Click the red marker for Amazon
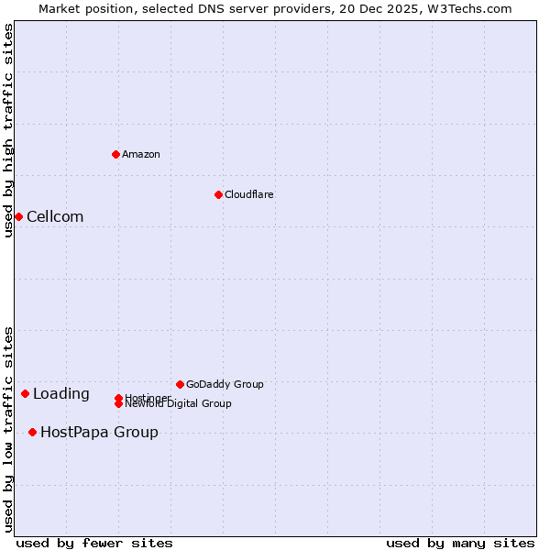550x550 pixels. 115,154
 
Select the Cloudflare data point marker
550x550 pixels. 218,194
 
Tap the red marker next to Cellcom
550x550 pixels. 18,216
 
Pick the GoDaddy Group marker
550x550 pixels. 180,384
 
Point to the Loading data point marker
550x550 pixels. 25,393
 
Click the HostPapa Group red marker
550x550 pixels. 32,432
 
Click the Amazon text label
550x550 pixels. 140,154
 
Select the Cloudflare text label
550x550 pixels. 248,194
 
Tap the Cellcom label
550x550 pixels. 55,216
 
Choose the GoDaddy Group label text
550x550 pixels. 224,384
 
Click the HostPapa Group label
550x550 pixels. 99,432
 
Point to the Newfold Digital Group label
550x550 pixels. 178,403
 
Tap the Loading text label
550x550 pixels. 60,394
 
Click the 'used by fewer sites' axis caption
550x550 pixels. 94,543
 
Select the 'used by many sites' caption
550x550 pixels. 460,543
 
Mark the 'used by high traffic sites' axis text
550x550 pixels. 8,130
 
